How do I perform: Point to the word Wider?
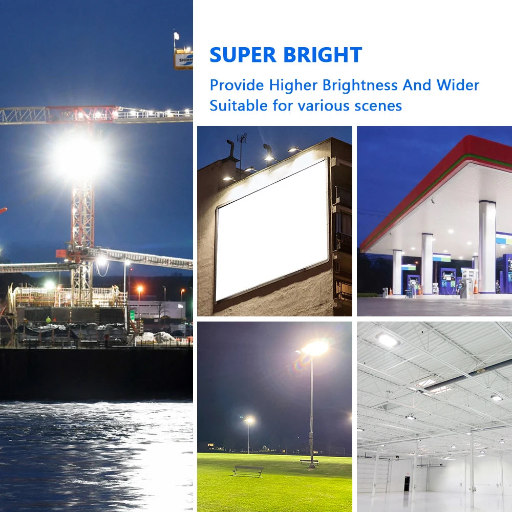point(458,85)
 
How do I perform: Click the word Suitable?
point(239,106)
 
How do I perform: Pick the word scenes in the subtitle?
point(378,106)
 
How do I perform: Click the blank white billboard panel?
point(272,229)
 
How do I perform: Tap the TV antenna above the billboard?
point(241,140)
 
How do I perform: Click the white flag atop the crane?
point(177,36)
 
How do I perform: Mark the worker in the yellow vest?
point(48,320)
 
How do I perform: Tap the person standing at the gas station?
point(497,287)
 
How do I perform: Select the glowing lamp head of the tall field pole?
point(314,349)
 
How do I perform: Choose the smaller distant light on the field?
point(249,420)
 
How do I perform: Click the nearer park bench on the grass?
point(248,469)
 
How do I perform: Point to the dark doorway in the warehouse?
point(407,484)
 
